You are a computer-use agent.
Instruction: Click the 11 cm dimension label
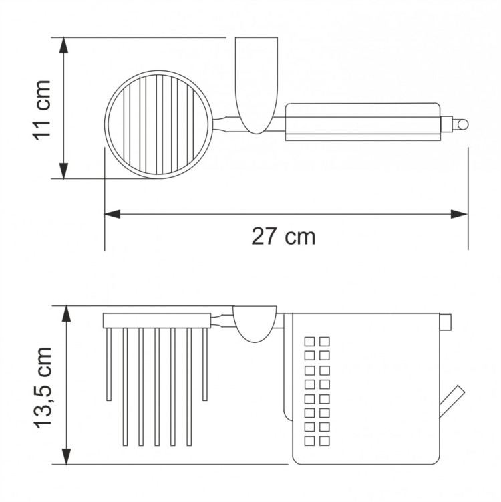pyautogui.click(x=42, y=110)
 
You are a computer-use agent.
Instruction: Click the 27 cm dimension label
pyautogui.click(x=283, y=236)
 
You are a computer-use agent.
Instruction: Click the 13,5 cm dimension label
pyautogui.click(x=43, y=388)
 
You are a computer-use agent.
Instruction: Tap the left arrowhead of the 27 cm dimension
pyautogui.click(x=112, y=214)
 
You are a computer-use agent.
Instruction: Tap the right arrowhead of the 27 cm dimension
pyautogui.click(x=459, y=214)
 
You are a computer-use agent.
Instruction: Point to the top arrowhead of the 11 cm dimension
pyautogui.click(x=64, y=45)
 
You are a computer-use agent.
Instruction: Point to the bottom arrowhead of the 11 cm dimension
pyautogui.click(x=64, y=171)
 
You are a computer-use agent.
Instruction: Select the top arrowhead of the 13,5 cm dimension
pyautogui.click(x=66, y=313)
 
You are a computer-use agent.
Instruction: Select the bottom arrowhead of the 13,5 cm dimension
pyautogui.click(x=66, y=457)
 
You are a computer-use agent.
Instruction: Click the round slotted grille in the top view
pyautogui.click(x=158, y=124)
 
